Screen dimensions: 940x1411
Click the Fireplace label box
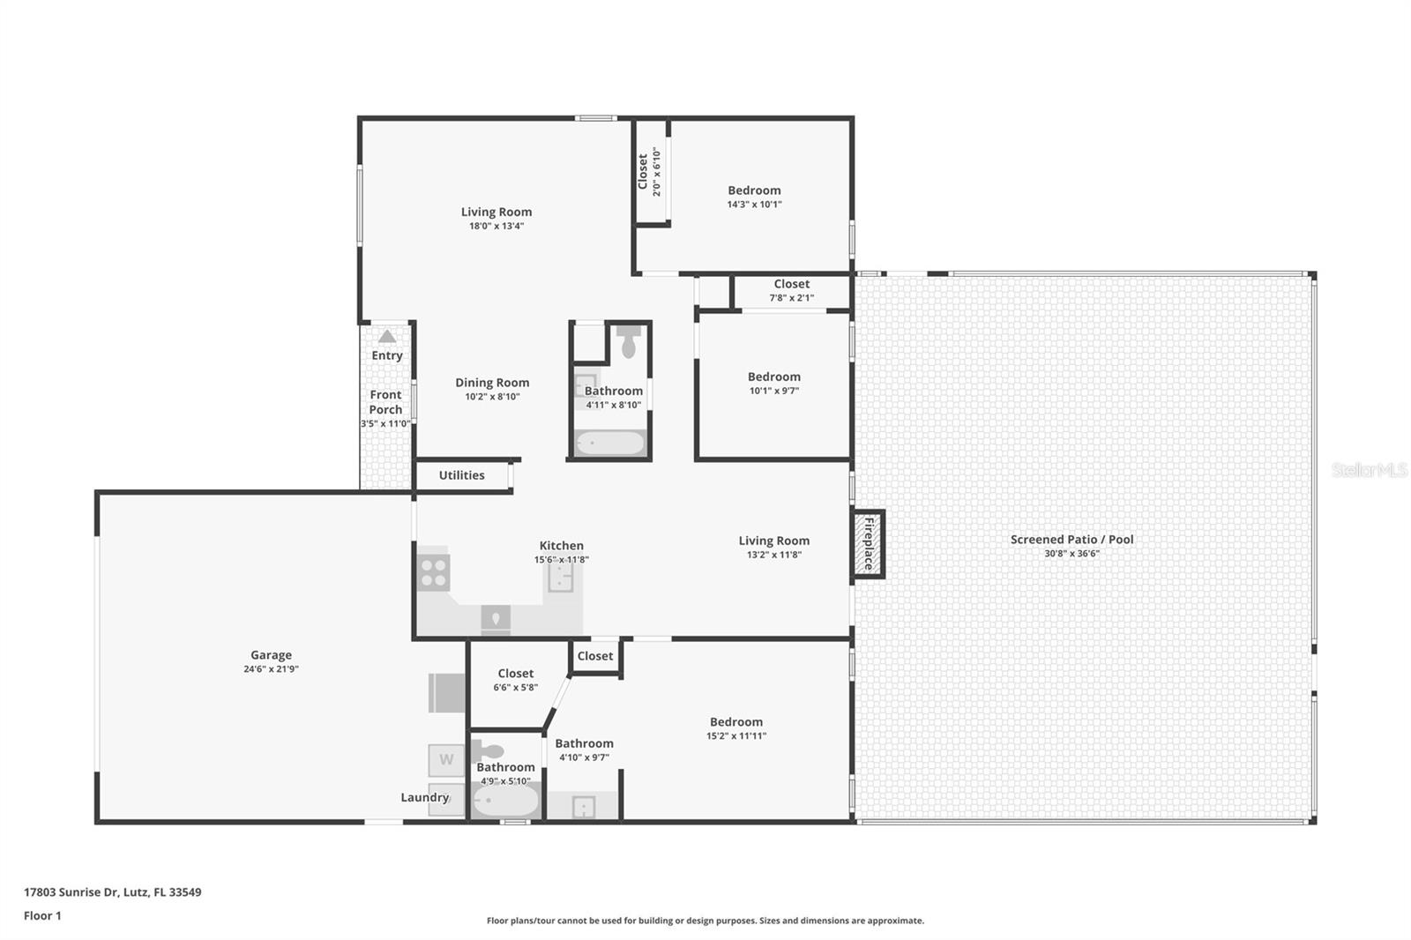(x=868, y=544)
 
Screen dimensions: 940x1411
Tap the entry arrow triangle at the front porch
(x=387, y=336)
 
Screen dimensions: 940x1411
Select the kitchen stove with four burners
(x=433, y=572)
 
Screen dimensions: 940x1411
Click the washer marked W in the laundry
(x=446, y=759)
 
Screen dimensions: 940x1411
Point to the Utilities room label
(x=461, y=475)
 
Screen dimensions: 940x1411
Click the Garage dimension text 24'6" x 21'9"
(x=271, y=669)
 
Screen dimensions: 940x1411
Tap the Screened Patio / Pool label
(x=1071, y=539)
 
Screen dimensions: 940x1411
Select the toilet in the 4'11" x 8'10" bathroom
(x=628, y=342)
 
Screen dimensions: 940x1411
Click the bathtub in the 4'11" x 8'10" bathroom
(x=610, y=442)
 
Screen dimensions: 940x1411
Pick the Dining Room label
(x=492, y=383)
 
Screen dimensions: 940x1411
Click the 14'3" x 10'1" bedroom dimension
(x=754, y=205)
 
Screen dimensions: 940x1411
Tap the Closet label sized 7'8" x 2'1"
(x=791, y=284)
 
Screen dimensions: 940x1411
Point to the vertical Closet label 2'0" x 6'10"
(x=643, y=171)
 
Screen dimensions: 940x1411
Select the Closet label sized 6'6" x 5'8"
(x=515, y=674)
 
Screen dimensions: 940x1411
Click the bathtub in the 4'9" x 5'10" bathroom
(x=505, y=802)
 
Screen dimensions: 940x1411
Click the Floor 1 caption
(x=42, y=916)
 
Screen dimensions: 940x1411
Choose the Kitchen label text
(x=561, y=546)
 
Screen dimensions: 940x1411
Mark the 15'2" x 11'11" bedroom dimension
(x=735, y=736)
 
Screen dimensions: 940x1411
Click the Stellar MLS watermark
(x=1369, y=470)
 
